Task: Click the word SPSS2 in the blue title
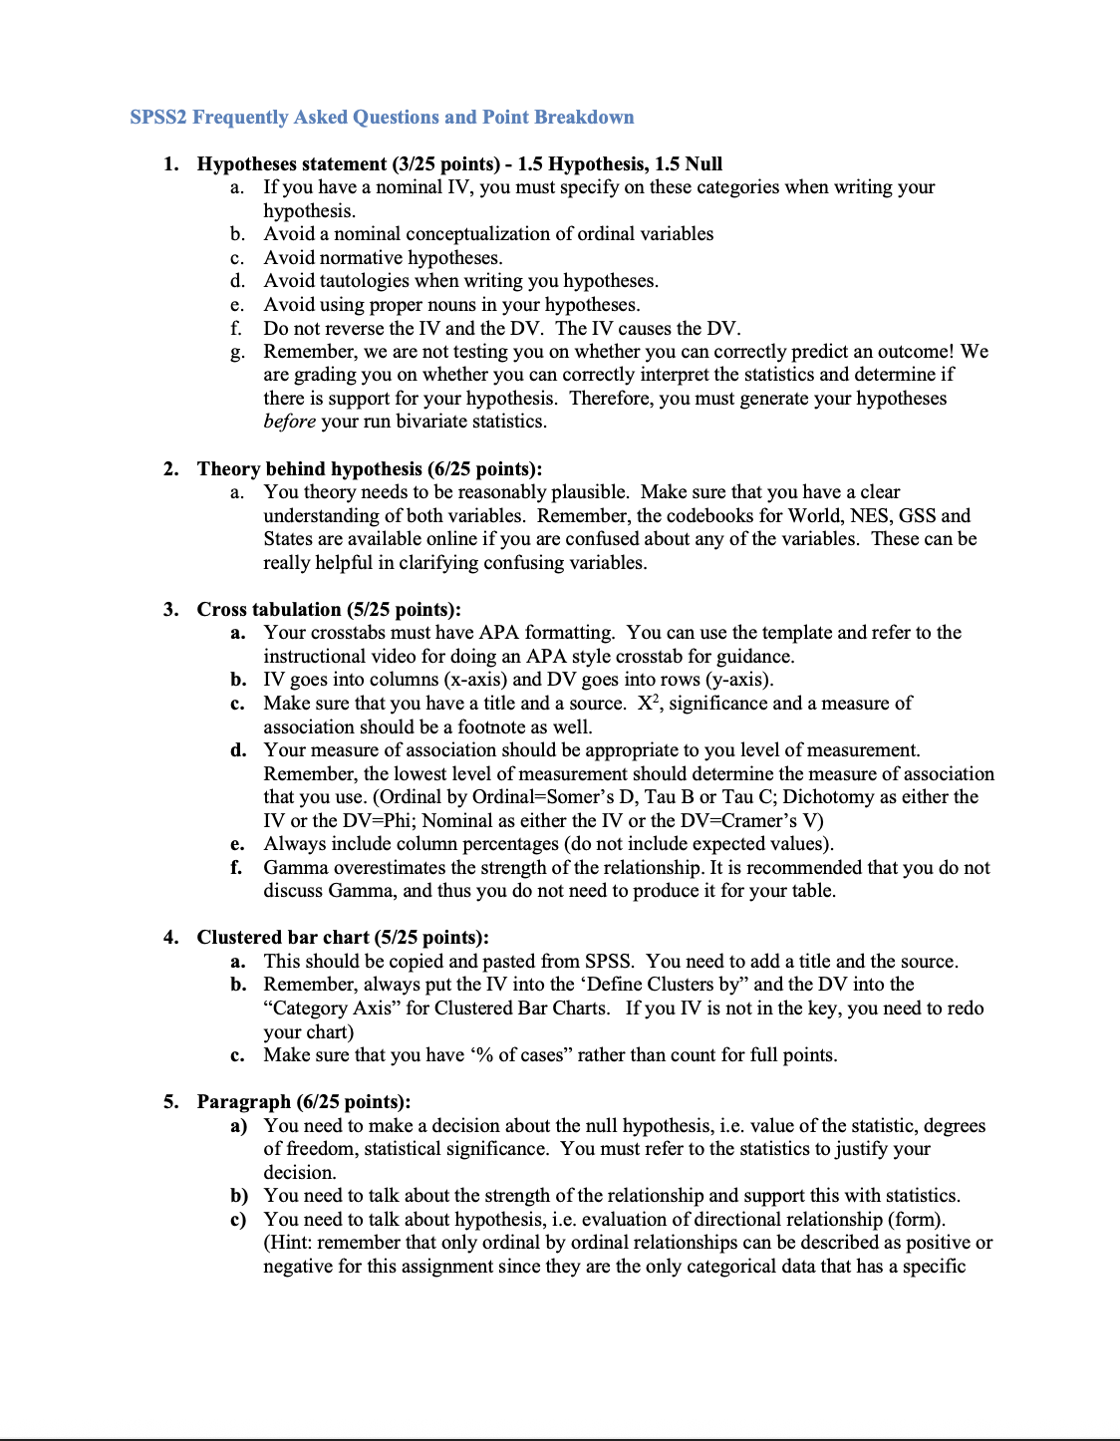pyautogui.click(x=158, y=118)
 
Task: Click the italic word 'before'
pyautogui.click(x=289, y=422)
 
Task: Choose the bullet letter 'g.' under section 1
pyautogui.click(x=237, y=352)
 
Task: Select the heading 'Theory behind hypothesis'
pyautogui.click(x=309, y=469)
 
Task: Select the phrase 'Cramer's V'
pyautogui.click(x=776, y=821)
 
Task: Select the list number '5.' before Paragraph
pyautogui.click(x=171, y=1102)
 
